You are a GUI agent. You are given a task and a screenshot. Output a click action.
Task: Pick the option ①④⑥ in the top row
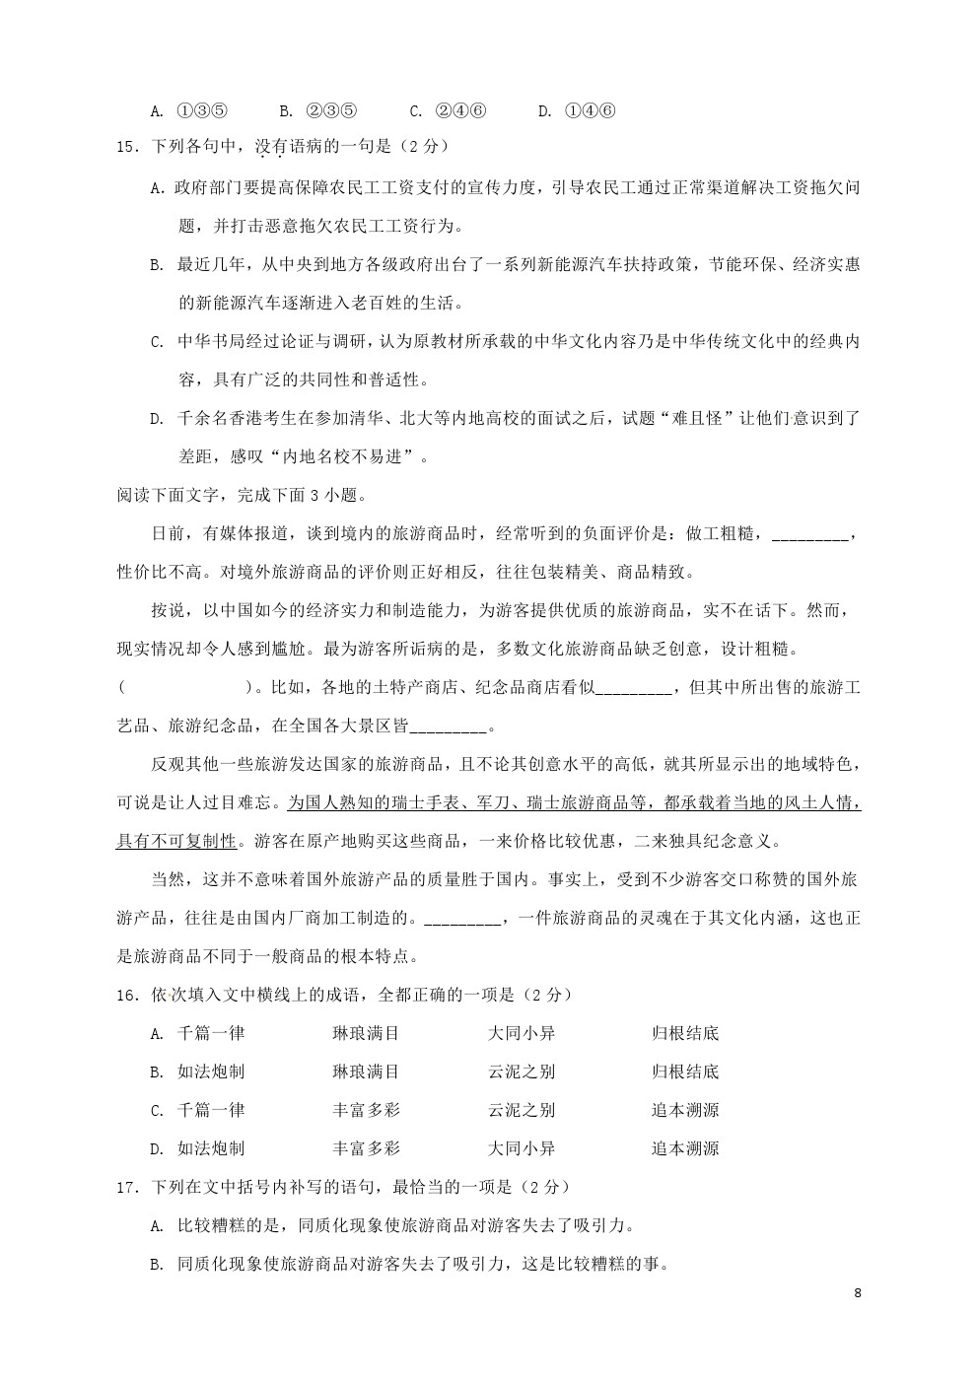coord(590,110)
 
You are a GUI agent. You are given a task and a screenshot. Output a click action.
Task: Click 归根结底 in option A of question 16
coord(685,1034)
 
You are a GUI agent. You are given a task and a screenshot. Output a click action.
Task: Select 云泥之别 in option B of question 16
coord(522,1072)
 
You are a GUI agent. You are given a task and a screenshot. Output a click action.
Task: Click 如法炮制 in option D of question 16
coord(211,1149)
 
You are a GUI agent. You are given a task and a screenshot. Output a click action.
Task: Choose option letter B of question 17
coord(156,1265)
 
